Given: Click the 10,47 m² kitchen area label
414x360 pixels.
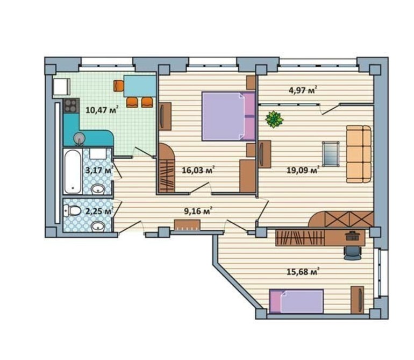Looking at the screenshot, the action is (x=102, y=109).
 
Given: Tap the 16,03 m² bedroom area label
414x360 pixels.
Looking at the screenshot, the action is (x=198, y=170).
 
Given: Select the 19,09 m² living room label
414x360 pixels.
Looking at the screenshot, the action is (x=303, y=170).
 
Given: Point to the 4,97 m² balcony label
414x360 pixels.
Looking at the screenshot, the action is (x=303, y=90).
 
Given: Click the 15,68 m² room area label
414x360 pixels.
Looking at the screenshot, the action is (x=303, y=271).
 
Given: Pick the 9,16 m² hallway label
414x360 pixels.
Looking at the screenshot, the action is (x=198, y=210).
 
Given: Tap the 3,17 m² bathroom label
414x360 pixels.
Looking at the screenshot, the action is (x=99, y=170).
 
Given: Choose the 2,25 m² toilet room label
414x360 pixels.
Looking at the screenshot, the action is (x=99, y=211).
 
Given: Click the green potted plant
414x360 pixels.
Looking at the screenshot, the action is (x=274, y=119).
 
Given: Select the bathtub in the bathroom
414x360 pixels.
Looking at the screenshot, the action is (x=73, y=172).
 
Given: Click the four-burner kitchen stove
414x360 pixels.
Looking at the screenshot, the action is (x=71, y=105).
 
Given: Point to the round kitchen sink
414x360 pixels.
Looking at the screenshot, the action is (x=79, y=138).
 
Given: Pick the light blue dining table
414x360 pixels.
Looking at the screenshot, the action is (x=140, y=86).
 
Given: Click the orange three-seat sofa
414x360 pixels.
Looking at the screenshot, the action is (x=359, y=154).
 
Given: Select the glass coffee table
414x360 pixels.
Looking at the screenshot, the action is (x=331, y=154).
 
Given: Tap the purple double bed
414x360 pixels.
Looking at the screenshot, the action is (x=229, y=116).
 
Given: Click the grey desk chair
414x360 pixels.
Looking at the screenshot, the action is (x=352, y=253).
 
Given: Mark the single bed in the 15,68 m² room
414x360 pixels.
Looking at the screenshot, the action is (x=296, y=301).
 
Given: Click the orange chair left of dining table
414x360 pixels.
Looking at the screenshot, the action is (x=118, y=86).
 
